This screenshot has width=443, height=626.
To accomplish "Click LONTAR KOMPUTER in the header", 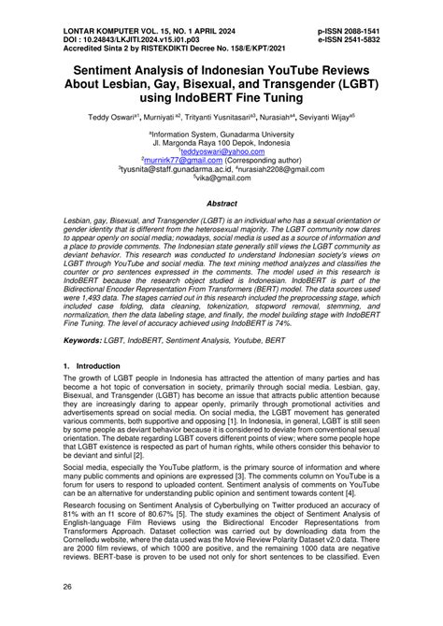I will coord(75,8).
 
